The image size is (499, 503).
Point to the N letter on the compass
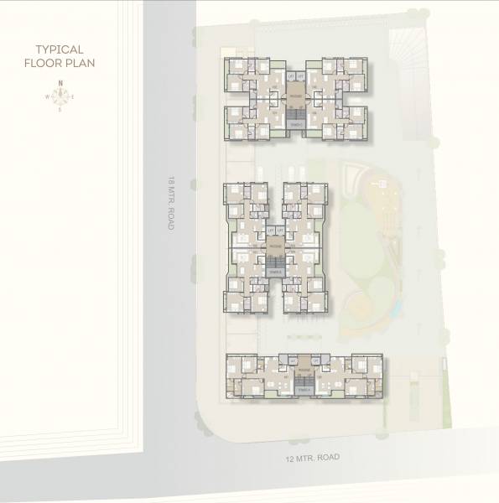coord(61,82)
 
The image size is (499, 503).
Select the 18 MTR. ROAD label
coord(171,203)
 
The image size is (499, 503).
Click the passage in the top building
coord(296,96)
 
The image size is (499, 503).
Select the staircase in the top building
coord(295,123)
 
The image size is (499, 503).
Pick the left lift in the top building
coord(291,76)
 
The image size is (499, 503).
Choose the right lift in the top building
coord(300,76)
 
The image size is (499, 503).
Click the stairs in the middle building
coord(274,271)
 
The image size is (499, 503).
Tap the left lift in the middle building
coord(270,228)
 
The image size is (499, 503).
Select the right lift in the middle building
coord(279,228)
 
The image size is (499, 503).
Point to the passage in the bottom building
coord(304,370)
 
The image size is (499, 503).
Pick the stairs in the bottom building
coord(304,389)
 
